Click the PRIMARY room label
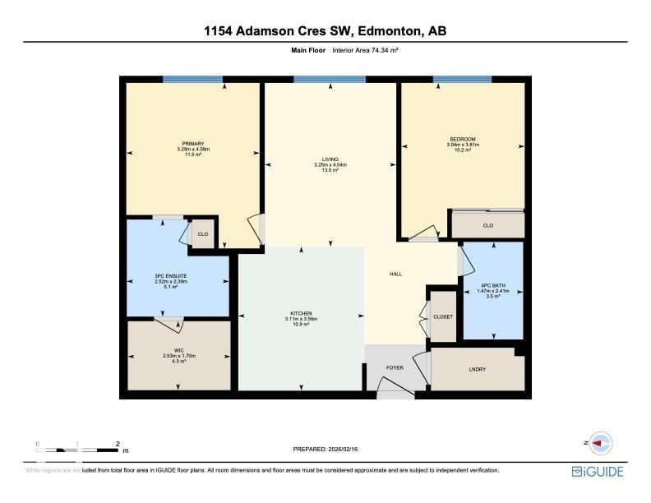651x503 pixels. pos(193,144)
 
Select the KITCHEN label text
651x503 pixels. pos(302,313)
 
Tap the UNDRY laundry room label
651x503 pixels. pos(477,369)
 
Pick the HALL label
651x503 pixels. pos(395,275)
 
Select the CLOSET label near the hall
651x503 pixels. pos(443,316)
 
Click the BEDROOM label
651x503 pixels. pos(462,139)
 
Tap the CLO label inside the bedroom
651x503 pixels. pos(487,225)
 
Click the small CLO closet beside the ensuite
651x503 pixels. pos(201,234)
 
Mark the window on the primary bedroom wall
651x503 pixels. pos(192,80)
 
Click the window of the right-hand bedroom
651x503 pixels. pos(462,80)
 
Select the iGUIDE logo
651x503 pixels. pos(598,472)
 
